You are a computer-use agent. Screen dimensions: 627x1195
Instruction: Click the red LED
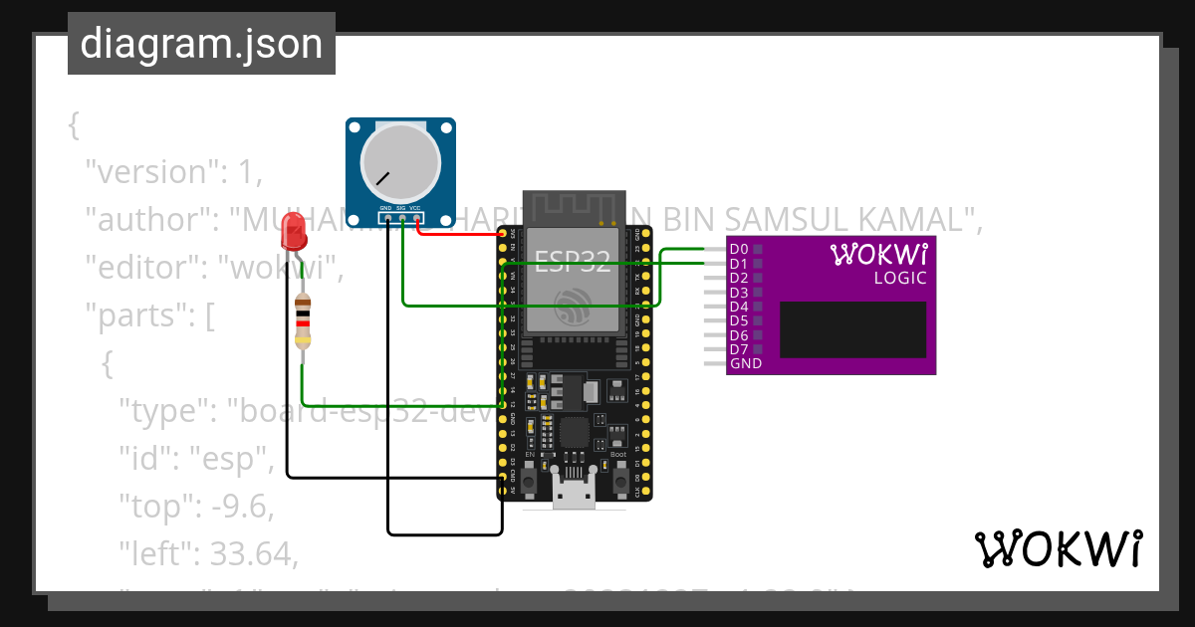click(x=294, y=232)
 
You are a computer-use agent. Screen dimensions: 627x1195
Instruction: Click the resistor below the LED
click(x=304, y=322)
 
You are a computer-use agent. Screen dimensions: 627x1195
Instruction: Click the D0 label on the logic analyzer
click(x=738, y=249)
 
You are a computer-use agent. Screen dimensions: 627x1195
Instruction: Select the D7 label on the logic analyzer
click(x=738, y=349)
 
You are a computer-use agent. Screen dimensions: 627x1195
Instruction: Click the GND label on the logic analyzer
click(x=745, y=364)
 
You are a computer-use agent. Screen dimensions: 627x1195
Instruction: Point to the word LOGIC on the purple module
click(x=900, y=279)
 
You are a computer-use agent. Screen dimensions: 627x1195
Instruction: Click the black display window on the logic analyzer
click(x=852, y=329)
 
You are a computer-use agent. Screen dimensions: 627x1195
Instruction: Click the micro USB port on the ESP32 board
click(x=573, y=494)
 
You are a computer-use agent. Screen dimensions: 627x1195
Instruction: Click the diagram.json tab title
click(x=201, y=44)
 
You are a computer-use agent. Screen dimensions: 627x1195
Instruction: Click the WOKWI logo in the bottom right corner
click(x=1058, y=549)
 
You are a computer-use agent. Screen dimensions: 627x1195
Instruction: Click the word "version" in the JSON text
click(x=149, y=172)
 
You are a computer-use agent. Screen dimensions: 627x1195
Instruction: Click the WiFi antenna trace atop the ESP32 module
click(x=573, y=207)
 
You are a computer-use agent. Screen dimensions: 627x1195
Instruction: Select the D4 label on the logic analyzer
click(x=738, y=307)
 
